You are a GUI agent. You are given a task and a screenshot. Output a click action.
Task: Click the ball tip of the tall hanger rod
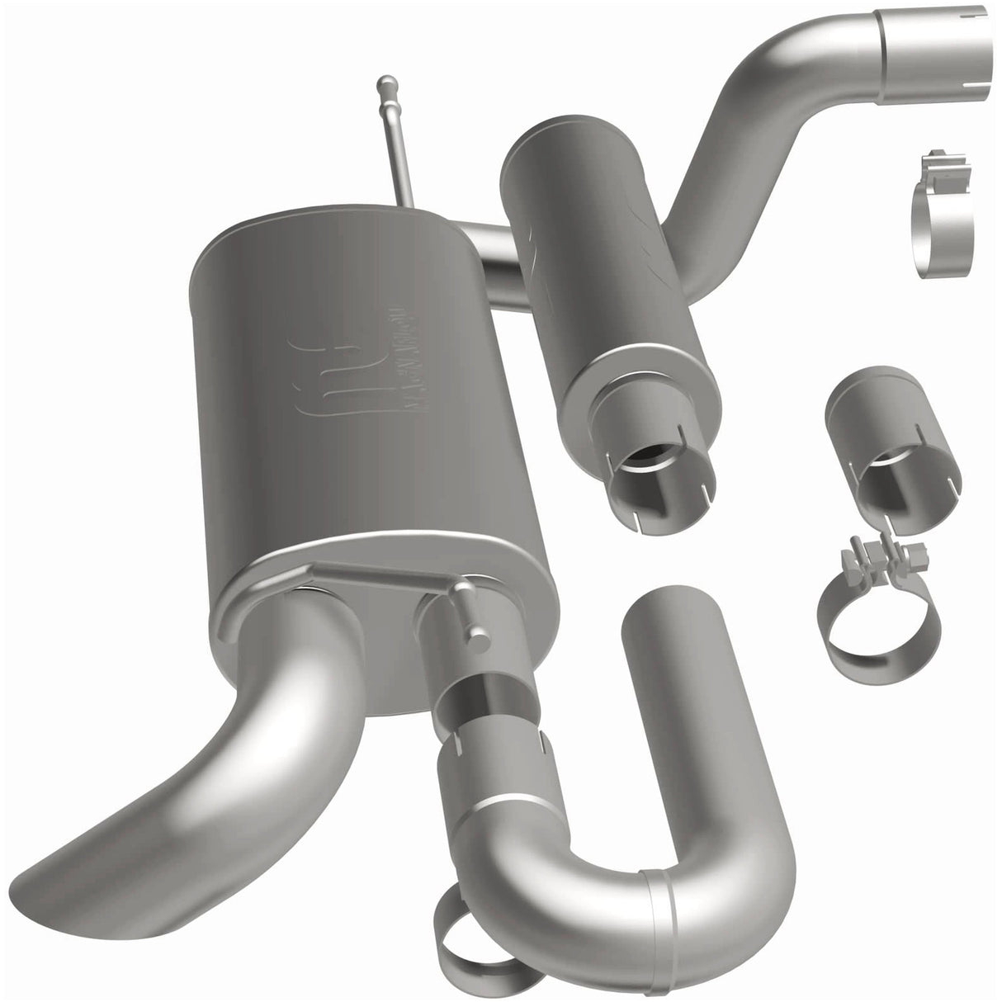(x=385, y=83)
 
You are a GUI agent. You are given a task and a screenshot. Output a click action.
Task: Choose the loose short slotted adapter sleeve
(x=891, y=446)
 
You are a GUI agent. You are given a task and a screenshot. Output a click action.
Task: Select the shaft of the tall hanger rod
(x=396, y=157)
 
